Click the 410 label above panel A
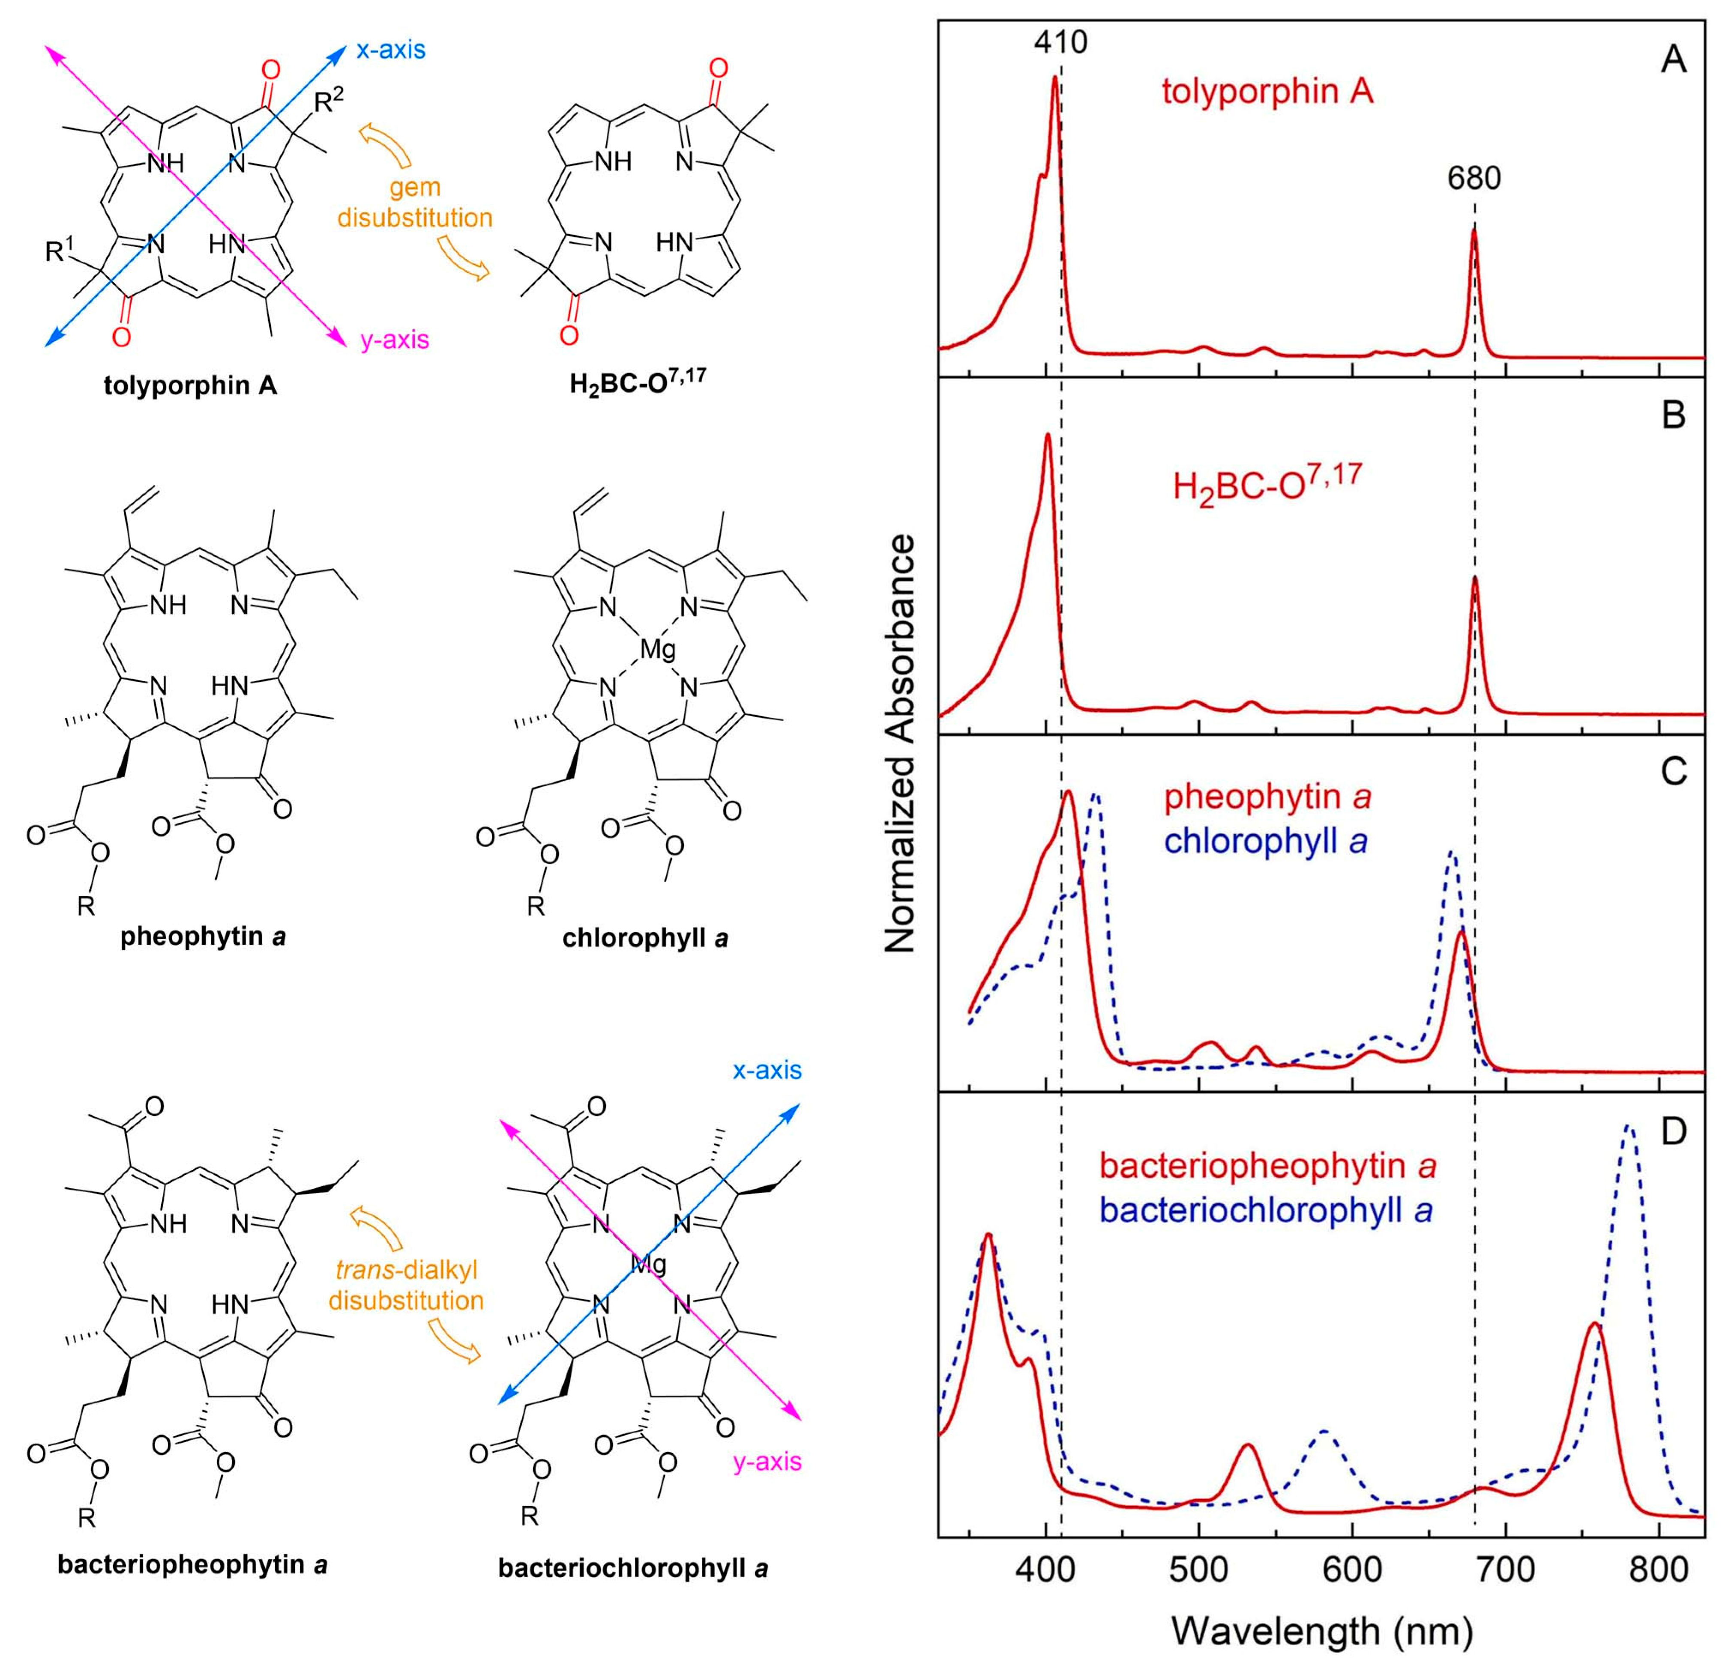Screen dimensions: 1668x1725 [x=1060, y=42]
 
